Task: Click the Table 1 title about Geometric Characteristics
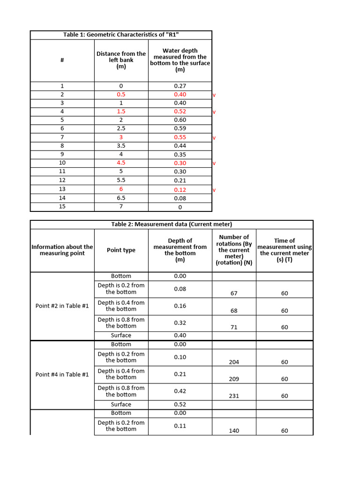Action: [121, 35]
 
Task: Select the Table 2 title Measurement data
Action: [172, 224]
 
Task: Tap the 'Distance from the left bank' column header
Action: [121, 60]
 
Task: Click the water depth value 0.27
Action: [180, 86]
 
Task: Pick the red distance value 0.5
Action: [121, 94]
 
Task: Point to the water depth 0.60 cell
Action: [180, 120]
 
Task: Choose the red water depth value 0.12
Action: [180, 189]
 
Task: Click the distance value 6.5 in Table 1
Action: [121, 198]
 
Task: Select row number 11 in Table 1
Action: [62, 172]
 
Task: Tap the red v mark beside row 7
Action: [214, 138]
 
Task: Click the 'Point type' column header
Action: [121, 250]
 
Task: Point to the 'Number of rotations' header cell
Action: [234, 250]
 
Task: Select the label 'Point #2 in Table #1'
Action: [62, 306]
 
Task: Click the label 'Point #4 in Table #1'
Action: [62, 374]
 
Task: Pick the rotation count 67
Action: [234, 293]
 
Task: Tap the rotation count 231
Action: [234, 396]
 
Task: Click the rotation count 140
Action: [234, 430]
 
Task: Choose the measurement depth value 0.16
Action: [180, 306]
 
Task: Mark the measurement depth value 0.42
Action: [180, 391]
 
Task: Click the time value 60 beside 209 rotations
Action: [285, 379]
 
